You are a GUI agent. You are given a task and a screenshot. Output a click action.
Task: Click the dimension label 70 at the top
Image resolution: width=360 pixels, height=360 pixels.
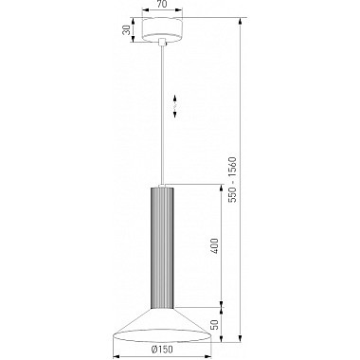(x=162, y=4)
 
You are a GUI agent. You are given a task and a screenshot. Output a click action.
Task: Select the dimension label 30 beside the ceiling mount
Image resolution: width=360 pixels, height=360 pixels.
(x=126, y=30)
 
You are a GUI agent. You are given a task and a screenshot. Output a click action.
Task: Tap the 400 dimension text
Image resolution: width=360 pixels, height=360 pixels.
(x=214, y=245)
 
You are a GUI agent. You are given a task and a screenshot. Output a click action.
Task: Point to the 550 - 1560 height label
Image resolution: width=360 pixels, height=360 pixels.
(x=232, y=180)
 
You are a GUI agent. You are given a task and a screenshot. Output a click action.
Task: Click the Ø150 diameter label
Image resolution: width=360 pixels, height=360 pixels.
(x=162, y=349)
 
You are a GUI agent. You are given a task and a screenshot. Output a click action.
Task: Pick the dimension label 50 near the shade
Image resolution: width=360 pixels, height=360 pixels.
(x=214, y=325)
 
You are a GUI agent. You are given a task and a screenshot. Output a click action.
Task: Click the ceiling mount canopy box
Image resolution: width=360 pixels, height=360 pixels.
(x=162, y=29)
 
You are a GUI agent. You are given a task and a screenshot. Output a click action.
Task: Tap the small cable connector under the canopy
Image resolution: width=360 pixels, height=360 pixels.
(x=162, y=42)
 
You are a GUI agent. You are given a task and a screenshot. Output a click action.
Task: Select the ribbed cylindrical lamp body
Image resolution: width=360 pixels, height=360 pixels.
(x=162, y=248)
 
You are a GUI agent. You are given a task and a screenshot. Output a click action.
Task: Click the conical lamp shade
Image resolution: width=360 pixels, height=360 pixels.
(x=162, y=325)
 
